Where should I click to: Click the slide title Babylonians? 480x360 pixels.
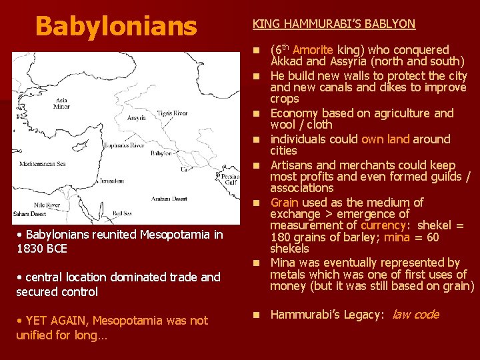pyautogui.click(x=116, y=27)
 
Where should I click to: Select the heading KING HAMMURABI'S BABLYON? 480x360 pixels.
pyautogui.click(x=333, y=24)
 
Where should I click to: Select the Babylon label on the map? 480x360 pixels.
pyautogui.click(x=161, y=153)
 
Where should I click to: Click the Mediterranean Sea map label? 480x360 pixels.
pyautogui.click(x=43, y=163)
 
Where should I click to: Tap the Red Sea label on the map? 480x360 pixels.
pyautogui.click(x=122, y=213)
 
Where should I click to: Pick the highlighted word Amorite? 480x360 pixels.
pyautogui.click(x=313, y=50)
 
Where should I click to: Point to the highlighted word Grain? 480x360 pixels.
pyautogui.click(x=284, y=203)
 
